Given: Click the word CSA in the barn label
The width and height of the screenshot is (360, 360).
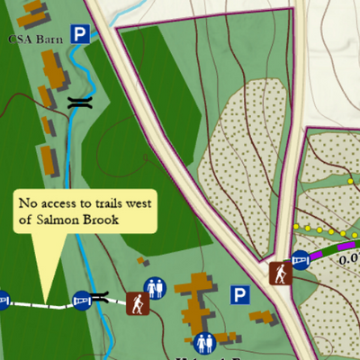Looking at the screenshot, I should click(19, 39).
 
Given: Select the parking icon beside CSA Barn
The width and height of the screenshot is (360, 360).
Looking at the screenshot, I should click(82, 35).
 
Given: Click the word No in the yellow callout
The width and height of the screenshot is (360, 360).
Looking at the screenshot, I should click(29, 202).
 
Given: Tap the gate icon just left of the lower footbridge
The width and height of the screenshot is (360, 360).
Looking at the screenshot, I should click(81, 300).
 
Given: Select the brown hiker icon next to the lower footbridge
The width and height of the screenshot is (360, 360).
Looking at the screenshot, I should click(138, 303).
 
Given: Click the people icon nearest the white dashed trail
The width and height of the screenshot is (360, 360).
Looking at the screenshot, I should click(155, 288).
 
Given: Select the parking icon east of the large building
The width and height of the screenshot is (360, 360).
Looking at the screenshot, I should click(239, 294).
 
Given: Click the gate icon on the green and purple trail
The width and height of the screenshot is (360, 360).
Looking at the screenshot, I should click(302, 261).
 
